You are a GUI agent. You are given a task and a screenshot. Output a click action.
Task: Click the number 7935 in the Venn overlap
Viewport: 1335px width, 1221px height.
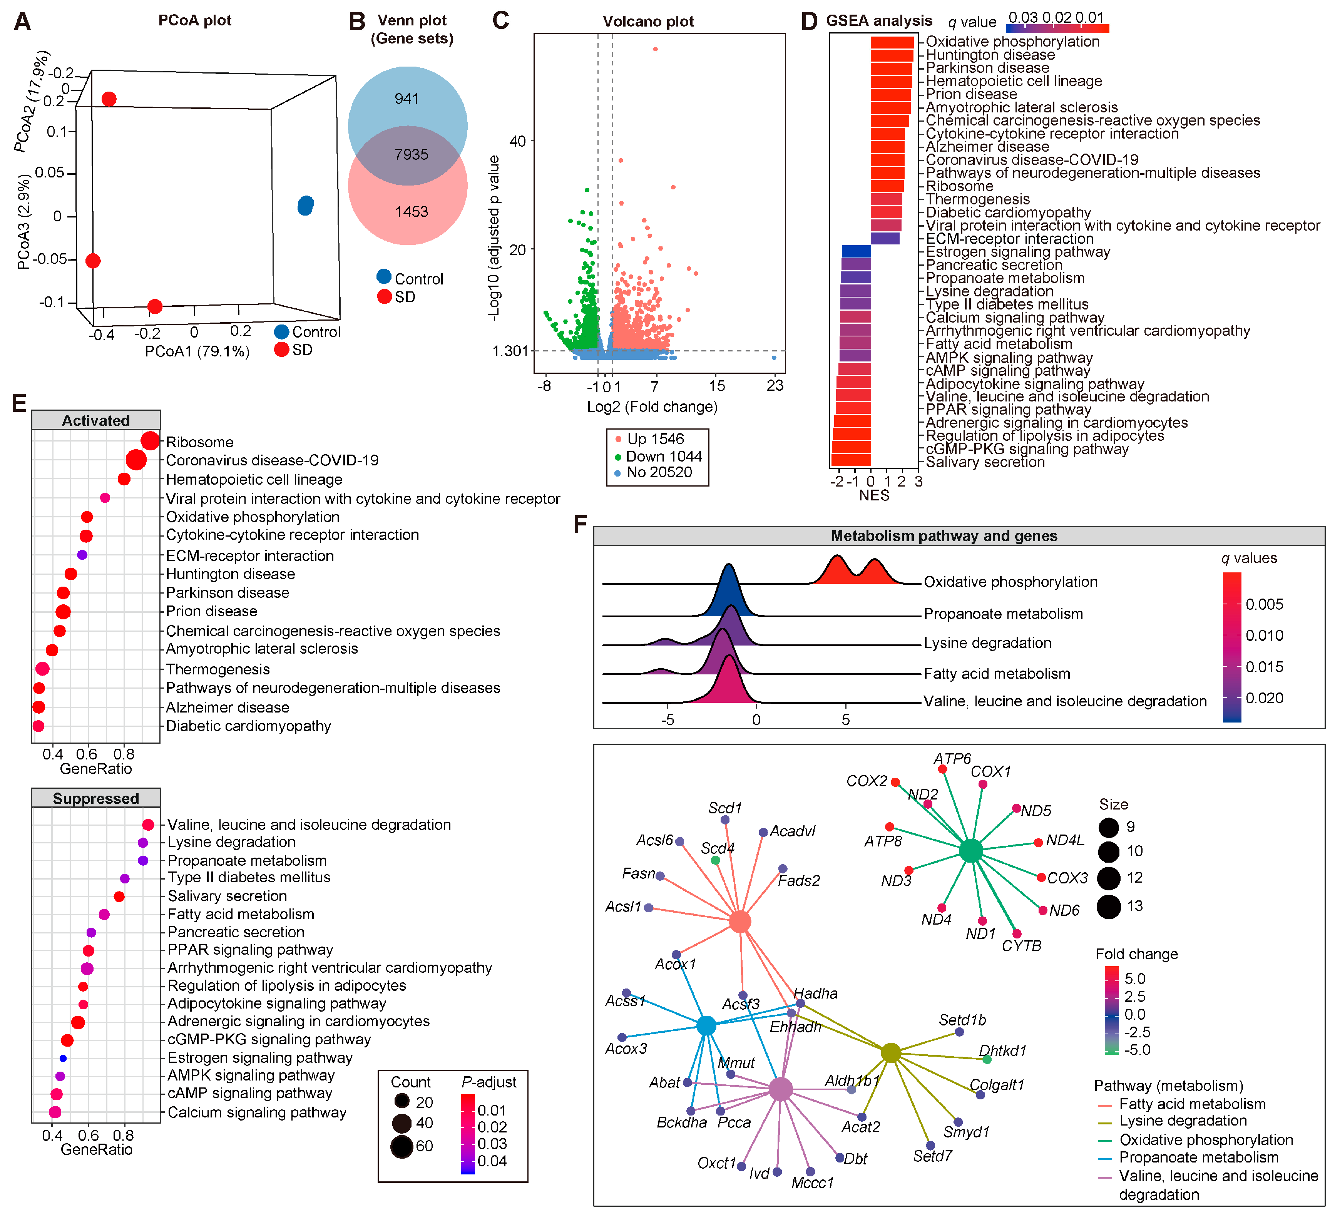point(411,154)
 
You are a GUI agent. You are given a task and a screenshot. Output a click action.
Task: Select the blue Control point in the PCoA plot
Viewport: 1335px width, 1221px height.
point(305,205)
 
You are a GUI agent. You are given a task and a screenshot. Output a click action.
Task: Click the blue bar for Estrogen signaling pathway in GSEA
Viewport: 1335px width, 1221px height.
point(856,252)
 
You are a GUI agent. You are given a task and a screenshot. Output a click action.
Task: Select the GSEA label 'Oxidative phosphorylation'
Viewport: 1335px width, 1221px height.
point(1012,42)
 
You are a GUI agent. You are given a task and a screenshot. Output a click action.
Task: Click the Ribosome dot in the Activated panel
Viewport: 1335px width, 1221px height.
point(150,440)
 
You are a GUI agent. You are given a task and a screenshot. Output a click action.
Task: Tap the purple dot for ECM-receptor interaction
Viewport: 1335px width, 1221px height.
point(82,554)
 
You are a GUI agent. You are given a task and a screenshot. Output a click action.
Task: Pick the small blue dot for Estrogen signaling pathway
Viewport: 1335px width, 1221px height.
point(63,1058)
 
